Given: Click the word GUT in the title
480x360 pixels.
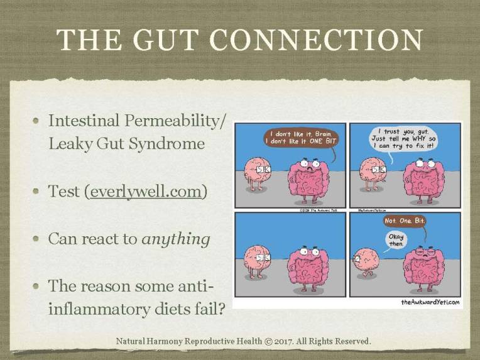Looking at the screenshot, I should pyautogui.click(x=177, y=40).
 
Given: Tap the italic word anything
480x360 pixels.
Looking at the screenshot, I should pyautogui.click(x=177, y=239).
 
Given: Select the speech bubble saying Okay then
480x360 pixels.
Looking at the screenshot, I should pyautogui.click(x=396, y=240).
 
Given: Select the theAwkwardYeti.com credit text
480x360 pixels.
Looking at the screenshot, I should pyautogui.click(x=430, y=303).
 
